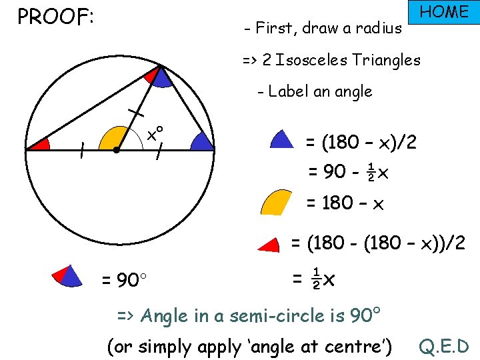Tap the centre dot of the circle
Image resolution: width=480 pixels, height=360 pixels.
116,151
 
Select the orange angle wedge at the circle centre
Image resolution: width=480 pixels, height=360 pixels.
111,139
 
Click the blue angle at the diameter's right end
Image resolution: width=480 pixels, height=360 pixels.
201,141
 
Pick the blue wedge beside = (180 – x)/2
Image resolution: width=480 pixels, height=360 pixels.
281,139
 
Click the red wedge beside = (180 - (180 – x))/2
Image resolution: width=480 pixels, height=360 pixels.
271,245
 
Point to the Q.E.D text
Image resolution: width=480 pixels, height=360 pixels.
444,346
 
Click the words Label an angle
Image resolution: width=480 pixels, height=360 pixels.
320,92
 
